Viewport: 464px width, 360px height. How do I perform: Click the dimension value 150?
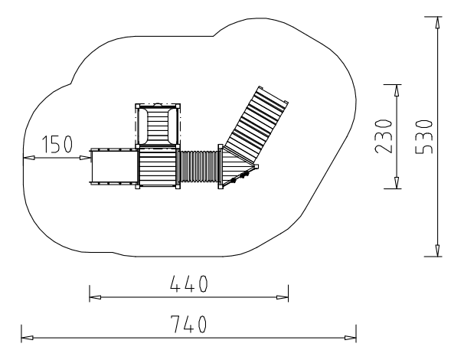pyautogui.click(x=57, y=144)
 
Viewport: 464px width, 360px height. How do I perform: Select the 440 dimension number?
pyautogui.click(x=189, y=283)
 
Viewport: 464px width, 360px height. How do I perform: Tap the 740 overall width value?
pyautogui.click(x=188, y=324)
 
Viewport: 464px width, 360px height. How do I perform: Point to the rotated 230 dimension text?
pyautogui.click(x=384, y=136)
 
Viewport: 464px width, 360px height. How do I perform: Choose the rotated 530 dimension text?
pyautogui.click(x=423, y=137)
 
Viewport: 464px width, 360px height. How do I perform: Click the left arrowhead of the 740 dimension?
pyautogui.click(x=28, y=338)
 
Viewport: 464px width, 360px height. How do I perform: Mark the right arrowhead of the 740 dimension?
pyautogui.click(x=351, y=338)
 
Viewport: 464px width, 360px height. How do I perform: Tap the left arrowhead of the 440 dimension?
pyautogui.click(x=95, y=297)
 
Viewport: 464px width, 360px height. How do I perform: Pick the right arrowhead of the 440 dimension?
pyautogui.click(x=283, y=297)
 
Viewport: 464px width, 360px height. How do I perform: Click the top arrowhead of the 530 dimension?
pyautogui.click(x=437, y=22)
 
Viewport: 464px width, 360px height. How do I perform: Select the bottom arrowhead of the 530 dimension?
pyautogui.click(x=437, y=250)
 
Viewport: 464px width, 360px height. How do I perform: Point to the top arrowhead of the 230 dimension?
pyautogui.click(x=397, y=90)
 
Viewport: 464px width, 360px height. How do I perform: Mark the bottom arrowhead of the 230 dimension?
pyautogui.click(x=397, y=182)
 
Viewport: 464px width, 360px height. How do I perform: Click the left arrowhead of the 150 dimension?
pyautogui.click(x=29, y=158)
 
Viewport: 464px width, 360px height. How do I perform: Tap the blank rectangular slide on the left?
pyautogui.click(x=114, y=166)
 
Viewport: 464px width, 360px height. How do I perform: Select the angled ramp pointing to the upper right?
pyautogui.click(x=255, y=124)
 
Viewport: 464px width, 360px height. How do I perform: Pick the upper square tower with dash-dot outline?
pyautogui.click(x=158, y=126)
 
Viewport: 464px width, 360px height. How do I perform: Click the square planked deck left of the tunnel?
pyautogui.click(x=158, y=167)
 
